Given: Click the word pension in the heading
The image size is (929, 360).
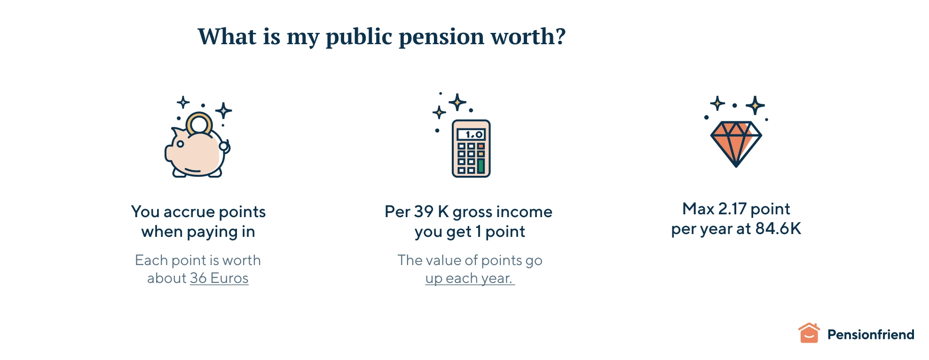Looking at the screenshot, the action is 441,37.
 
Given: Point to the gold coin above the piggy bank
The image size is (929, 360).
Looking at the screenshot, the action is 199,123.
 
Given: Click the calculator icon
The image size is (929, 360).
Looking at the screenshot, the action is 471,149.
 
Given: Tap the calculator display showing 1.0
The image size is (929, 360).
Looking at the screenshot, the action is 471,134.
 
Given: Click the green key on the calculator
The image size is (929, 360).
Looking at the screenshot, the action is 481,165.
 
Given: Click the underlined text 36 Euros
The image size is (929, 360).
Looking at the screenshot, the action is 219,278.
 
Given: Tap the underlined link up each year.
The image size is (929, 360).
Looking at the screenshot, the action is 470,278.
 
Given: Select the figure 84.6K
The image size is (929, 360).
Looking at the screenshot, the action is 778,229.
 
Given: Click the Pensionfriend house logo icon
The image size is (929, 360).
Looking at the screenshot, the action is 809,333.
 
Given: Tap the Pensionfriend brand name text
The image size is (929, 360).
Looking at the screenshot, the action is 871,335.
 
